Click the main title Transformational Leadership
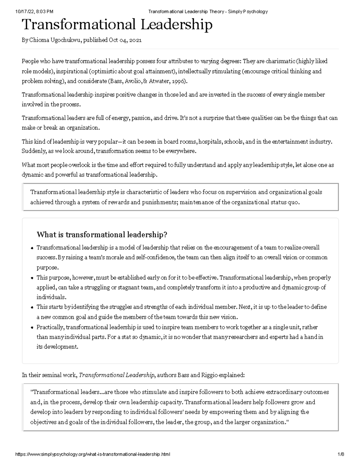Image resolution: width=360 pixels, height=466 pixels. pyautogui.click(x=117, y=25)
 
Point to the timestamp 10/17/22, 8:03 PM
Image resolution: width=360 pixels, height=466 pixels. pyautogui.click(x=34, y=12)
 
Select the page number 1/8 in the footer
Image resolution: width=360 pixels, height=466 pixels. pyautogui.click(x=340, y=454)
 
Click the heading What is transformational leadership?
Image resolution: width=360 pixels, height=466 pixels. pyautogui.click(x=102, y=234)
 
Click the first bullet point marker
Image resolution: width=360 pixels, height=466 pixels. pyautogui.click(x=32, y=248)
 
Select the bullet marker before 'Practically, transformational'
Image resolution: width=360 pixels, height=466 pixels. pyautogui.click(x=32, y=328)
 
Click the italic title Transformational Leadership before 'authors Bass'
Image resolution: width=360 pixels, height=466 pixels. pyautogui.click(x=117, y=375)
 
